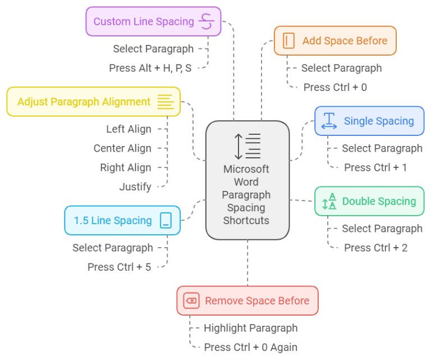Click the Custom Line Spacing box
(x=153, y=21)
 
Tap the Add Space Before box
(x=335, y=40)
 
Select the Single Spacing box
(x=369, y=121)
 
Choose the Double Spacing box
(x=369, y=201)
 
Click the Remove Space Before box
(x=247, y=300)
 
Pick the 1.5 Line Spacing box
(x=122, y=220)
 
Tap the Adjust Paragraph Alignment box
(x=93, y=102)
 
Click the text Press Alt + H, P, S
(x=150, y=68)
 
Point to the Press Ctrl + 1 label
(x=375, y=167)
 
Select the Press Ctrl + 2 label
(x=375, y=248)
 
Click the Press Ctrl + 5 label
(x=119, y=267)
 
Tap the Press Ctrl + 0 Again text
(x=250, y=347)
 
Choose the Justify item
(x=135, y=186)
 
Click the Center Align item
(x=122, y=148)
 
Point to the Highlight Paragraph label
(x=250, y=328)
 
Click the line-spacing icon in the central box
(x=247, y=145)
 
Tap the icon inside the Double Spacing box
(x=329, y=201)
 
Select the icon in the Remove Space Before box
(x=191, y=300)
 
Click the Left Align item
(x=129, y=129)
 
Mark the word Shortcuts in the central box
(x=246, y=220)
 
